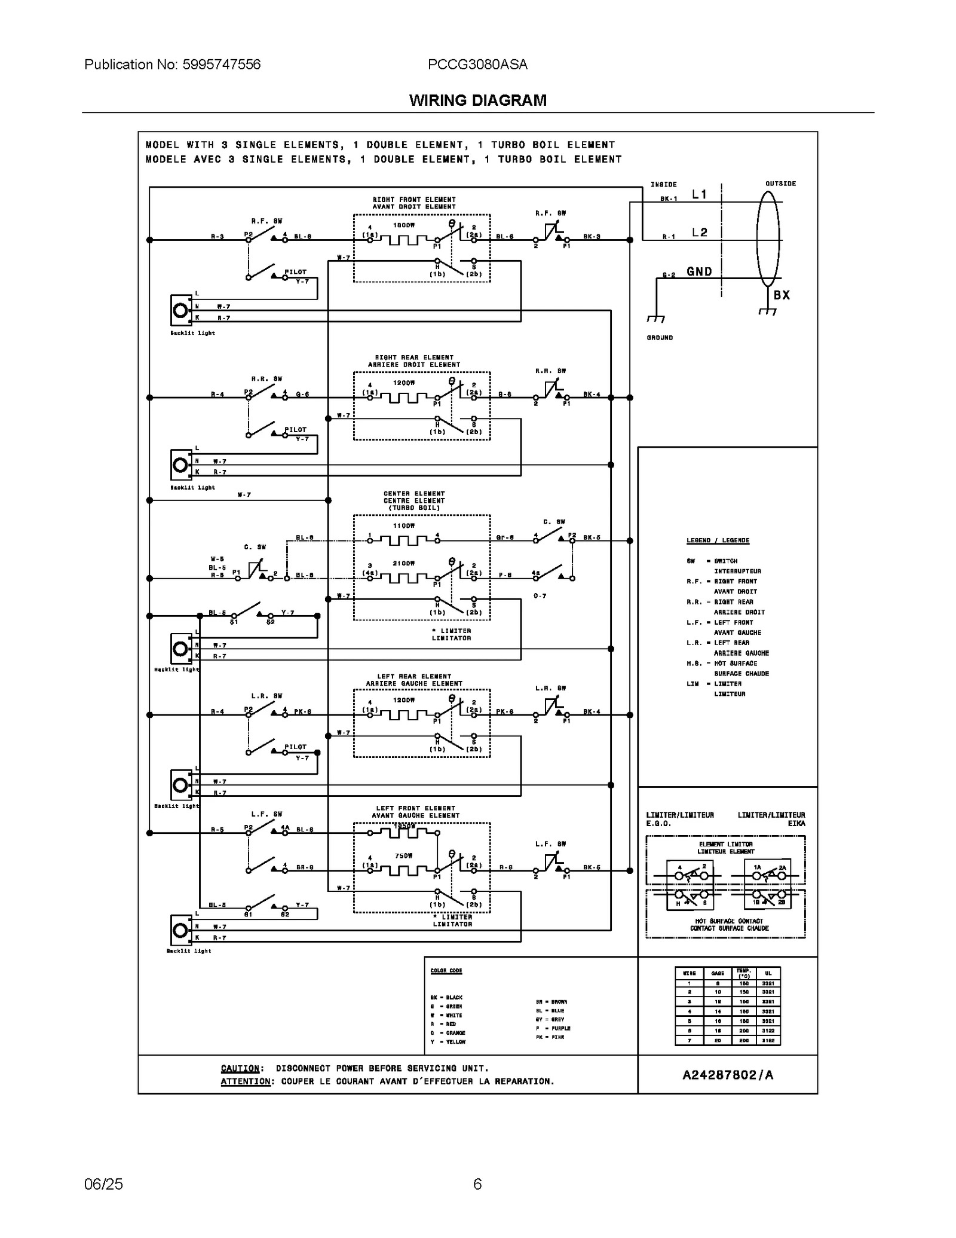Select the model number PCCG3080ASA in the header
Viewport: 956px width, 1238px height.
(477, 65)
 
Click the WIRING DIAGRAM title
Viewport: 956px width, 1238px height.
(477, 100)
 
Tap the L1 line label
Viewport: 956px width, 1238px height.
(699, 194)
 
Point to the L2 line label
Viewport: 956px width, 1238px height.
(699, 233)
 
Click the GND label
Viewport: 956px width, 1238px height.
(699, 271)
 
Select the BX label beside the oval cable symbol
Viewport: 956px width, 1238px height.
(782, 295)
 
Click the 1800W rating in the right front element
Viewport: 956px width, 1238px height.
(403, 225)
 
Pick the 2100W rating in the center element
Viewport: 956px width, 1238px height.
(403, 563)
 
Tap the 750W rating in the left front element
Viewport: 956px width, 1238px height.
(403, 855)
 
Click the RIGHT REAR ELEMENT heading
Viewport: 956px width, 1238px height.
(414, 357)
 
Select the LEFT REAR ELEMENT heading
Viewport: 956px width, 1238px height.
(414, 676)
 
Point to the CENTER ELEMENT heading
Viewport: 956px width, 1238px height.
(414, 494)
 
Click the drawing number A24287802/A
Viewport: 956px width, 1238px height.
(727, 1075)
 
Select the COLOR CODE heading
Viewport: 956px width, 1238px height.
(446, 970)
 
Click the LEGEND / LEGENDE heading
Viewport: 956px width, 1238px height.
(718, 540)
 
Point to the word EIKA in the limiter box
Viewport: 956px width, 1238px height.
(796, 823)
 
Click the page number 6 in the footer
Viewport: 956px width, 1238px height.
(477, 1184)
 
